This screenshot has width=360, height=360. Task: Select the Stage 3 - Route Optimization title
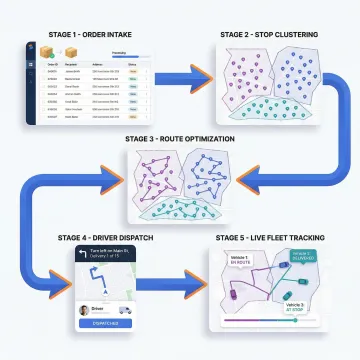tap(181, 138)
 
